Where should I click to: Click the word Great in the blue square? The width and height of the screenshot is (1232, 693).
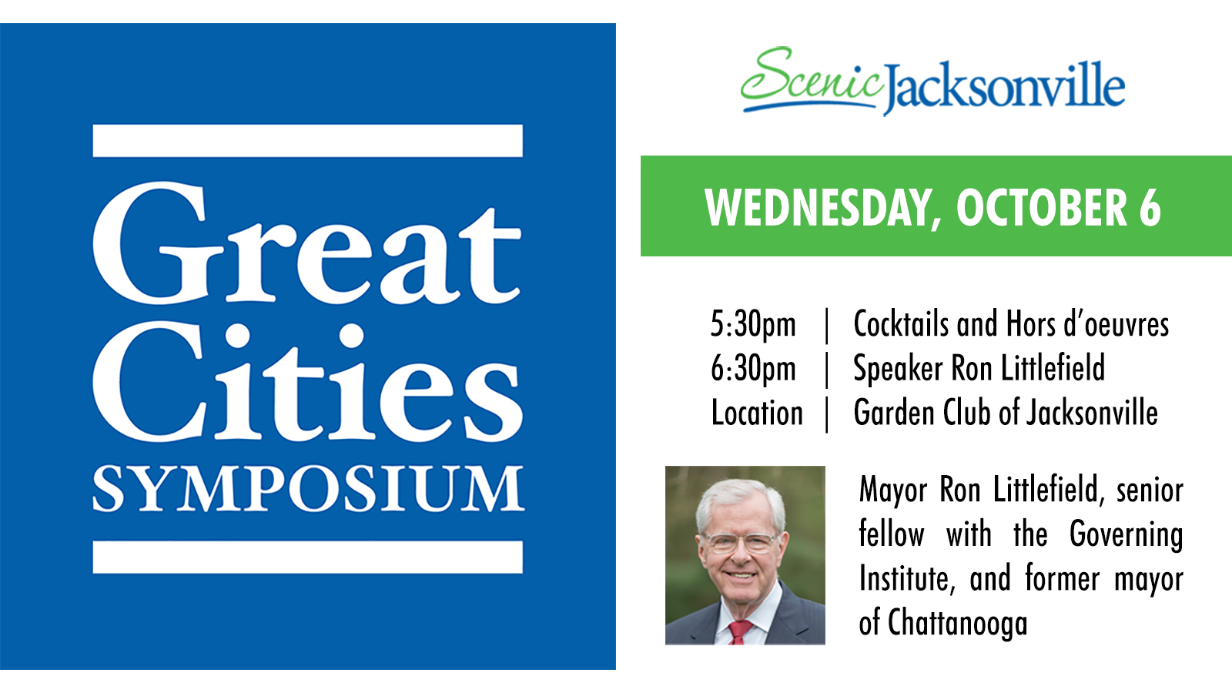306,243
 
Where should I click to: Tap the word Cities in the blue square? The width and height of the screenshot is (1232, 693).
308,382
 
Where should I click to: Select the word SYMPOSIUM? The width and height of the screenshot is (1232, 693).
308,489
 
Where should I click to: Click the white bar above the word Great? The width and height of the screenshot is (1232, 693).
307,141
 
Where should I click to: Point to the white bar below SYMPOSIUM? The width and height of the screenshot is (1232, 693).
307,557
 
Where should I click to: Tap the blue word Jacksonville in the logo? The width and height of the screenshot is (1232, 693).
1004,88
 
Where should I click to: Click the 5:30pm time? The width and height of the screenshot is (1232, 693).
753,324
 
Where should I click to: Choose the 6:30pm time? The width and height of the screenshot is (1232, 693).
753,369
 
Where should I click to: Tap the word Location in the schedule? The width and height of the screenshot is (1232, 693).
757,413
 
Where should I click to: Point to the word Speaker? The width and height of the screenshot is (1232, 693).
898,369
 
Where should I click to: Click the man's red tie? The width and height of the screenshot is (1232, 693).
738,632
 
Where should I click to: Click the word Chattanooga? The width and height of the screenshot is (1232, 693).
958,623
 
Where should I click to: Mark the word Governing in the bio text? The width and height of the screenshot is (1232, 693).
1127,535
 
